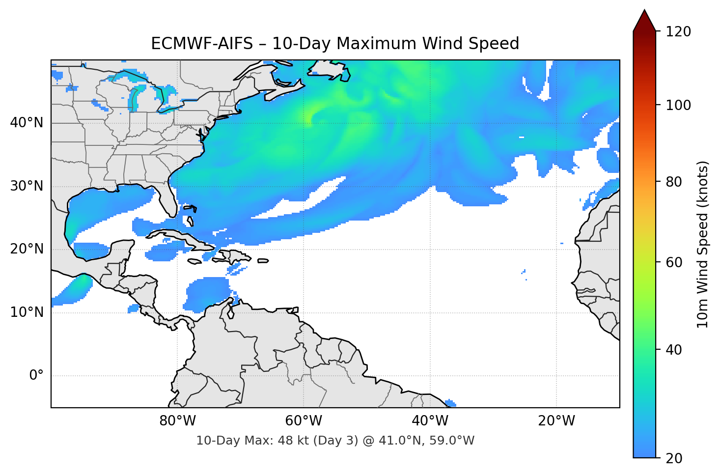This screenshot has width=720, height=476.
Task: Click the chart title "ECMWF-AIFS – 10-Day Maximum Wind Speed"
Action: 335,44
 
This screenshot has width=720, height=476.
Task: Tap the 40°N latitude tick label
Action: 27,123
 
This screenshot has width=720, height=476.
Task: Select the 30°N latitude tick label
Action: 27,186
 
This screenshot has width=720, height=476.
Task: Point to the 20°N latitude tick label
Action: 27,249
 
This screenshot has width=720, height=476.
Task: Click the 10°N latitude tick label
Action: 27,312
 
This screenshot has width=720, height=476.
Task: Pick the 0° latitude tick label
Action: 36,376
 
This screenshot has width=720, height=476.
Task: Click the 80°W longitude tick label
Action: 177,421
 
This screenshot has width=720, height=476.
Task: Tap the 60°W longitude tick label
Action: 304,421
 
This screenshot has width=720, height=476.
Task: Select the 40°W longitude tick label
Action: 430,421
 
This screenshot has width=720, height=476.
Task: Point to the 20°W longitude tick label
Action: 556,421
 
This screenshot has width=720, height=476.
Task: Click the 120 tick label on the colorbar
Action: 678,32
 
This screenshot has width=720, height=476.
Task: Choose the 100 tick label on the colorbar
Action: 678,105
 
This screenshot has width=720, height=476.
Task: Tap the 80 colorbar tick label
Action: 674,182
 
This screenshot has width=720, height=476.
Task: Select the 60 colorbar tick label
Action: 674,262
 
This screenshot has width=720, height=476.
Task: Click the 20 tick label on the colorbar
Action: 674,458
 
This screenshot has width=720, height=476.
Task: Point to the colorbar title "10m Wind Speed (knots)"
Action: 703,244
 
